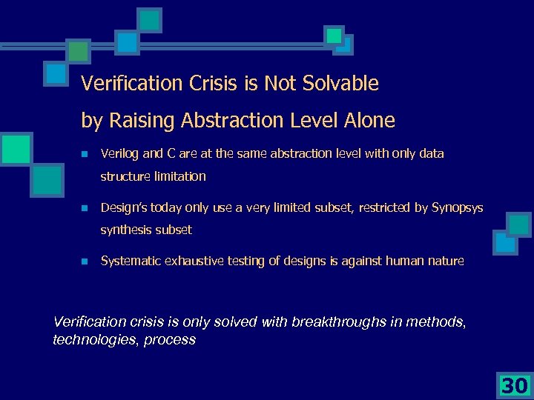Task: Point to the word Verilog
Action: click(x=119, y=154)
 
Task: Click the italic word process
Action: click(x=170, y=340)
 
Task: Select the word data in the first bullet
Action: click(x=432, y=154)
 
